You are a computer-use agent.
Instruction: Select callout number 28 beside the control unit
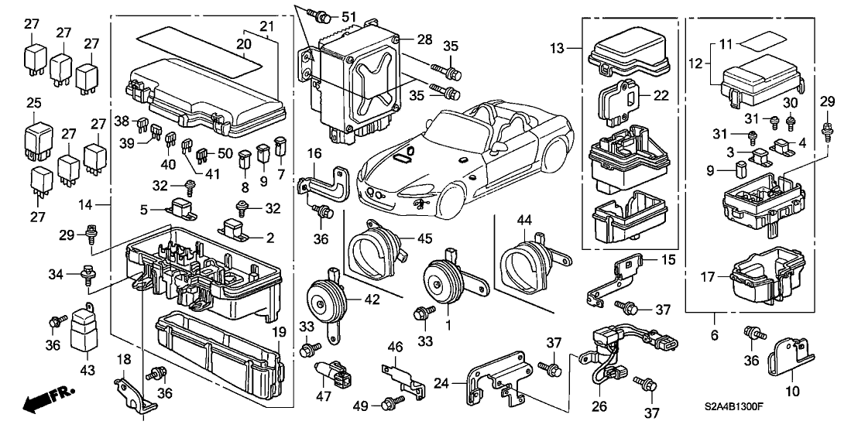coord(424,39)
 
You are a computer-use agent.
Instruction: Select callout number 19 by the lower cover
coord(278,332)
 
